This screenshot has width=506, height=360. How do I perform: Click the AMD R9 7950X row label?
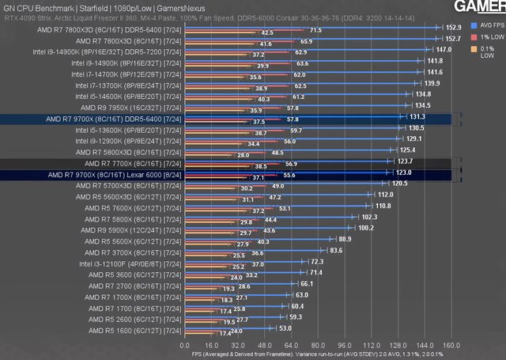(x=131, y=106)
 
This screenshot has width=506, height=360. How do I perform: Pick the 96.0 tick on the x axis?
(x=345, y=346)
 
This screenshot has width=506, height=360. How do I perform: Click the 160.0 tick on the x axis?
(x=451, y=346)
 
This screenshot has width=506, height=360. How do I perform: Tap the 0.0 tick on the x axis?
(x=185, y=346)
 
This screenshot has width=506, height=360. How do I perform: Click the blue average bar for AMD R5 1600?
(x=228, y=328)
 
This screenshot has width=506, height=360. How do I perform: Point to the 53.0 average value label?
(x=285, y=328)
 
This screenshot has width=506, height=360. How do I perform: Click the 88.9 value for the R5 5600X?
(x=345, y=238)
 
